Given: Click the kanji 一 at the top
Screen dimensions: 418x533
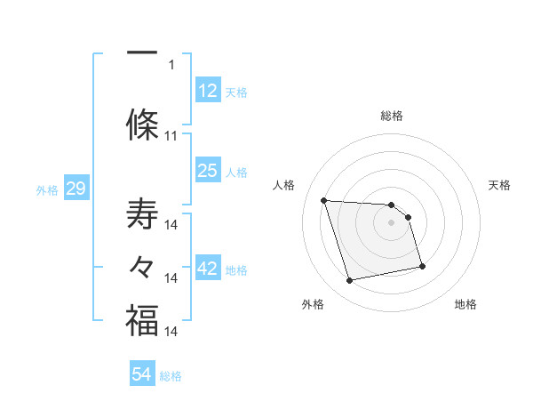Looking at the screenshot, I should point(141,52).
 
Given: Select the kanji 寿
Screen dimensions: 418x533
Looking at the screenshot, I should point(141,216).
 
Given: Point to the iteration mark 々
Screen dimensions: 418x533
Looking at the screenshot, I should point(141,267).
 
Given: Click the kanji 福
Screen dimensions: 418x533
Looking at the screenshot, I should point(141,320).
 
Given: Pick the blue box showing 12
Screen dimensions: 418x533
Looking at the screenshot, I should point(208,92).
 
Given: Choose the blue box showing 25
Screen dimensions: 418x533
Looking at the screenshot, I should point(208,171).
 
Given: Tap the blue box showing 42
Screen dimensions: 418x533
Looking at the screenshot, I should point(208,269).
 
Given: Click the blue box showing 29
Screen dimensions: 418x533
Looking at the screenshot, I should point(75,189).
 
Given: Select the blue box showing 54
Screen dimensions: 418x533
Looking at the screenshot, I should point(142,375).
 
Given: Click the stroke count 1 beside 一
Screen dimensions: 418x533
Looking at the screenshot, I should point(171,64).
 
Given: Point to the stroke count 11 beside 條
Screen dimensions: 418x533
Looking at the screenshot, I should point(171,136).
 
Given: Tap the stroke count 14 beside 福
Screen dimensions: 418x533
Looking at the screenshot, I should point(172,331).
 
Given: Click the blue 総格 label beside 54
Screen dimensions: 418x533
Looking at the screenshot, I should point(171,376).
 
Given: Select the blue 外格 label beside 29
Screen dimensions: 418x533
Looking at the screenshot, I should point(46,189).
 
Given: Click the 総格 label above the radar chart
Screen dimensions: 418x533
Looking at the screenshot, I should point(392,116).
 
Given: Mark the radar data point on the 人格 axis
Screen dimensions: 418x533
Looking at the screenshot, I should point(324,200).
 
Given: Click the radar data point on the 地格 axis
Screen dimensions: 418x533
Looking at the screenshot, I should point(422,266).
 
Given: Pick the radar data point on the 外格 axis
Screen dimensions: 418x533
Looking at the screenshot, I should point(350,281).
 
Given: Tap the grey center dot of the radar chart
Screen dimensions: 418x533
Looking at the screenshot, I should point(391,222).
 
